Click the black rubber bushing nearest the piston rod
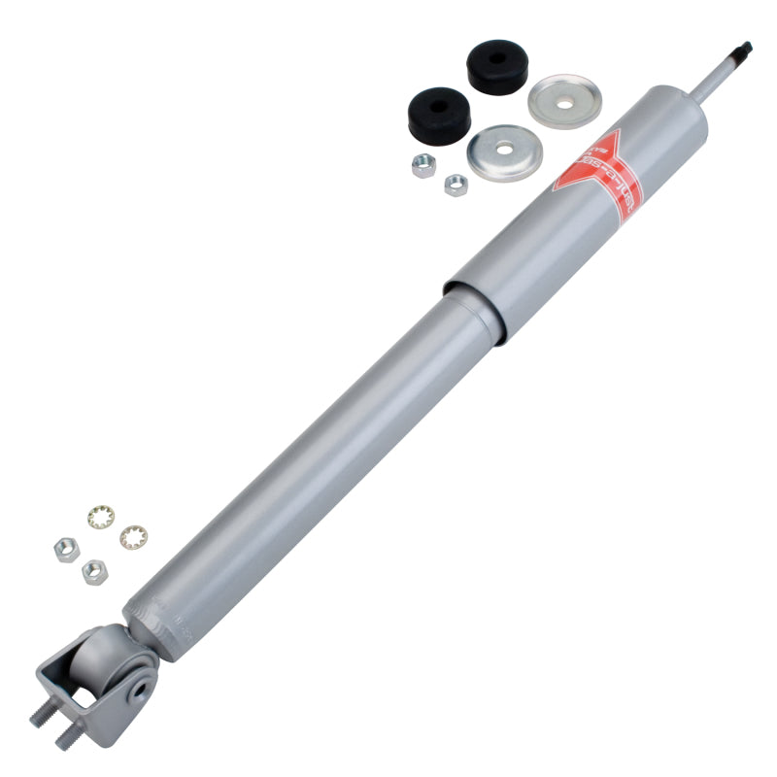(x=496, y=66)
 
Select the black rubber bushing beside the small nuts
(x=438, y=114)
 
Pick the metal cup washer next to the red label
(x=502, y=153)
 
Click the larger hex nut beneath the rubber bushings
(x=422, y=165)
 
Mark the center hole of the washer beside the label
(x=502, y=152)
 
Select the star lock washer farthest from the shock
(x=100, y=516)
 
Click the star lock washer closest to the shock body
(x=132, y=536)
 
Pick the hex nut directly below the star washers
(x=94, y=571)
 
